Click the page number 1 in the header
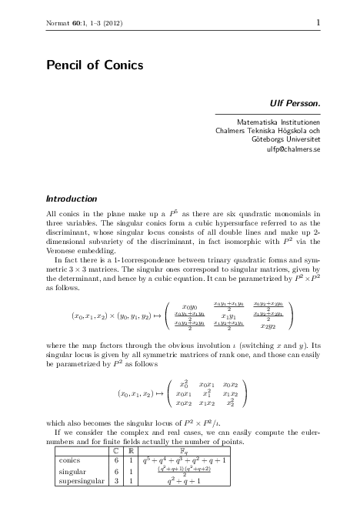point(317,24)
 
